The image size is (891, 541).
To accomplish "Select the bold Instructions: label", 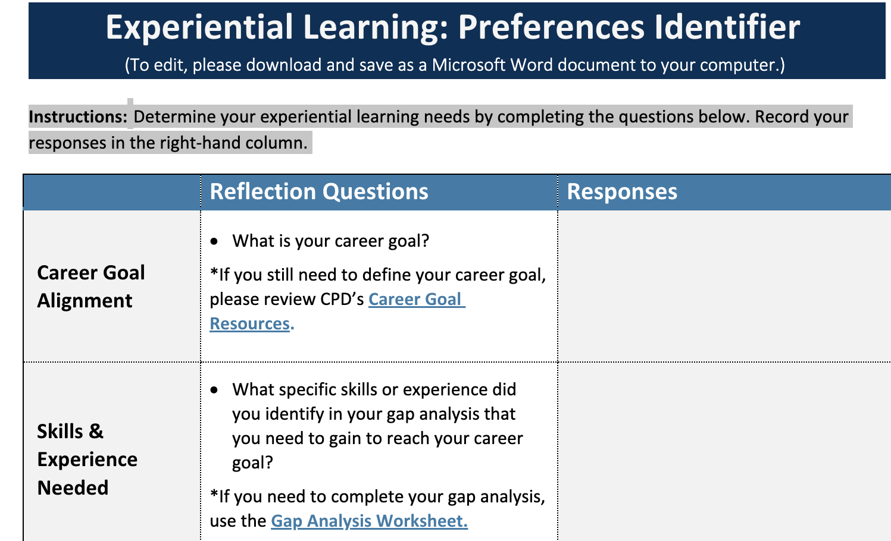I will [78, 117].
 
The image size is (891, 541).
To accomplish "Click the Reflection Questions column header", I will [319, 192].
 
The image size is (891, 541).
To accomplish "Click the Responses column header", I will [622, 192].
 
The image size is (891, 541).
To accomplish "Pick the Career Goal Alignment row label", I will [91, 287].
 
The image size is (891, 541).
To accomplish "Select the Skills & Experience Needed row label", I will [87, 460].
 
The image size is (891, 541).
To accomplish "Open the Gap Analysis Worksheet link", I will [369, 521].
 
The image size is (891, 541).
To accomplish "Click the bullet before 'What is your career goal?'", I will [215, 241].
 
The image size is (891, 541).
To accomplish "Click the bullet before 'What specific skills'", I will [215, 390].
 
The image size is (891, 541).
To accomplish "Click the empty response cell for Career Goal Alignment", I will [723, 286].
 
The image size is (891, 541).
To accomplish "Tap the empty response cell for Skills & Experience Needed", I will [723, 452].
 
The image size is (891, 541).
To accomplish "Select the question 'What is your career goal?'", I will [331, 241].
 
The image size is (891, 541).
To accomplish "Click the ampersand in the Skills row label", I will [96, 432].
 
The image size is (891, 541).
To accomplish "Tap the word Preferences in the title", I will [551, 27].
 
